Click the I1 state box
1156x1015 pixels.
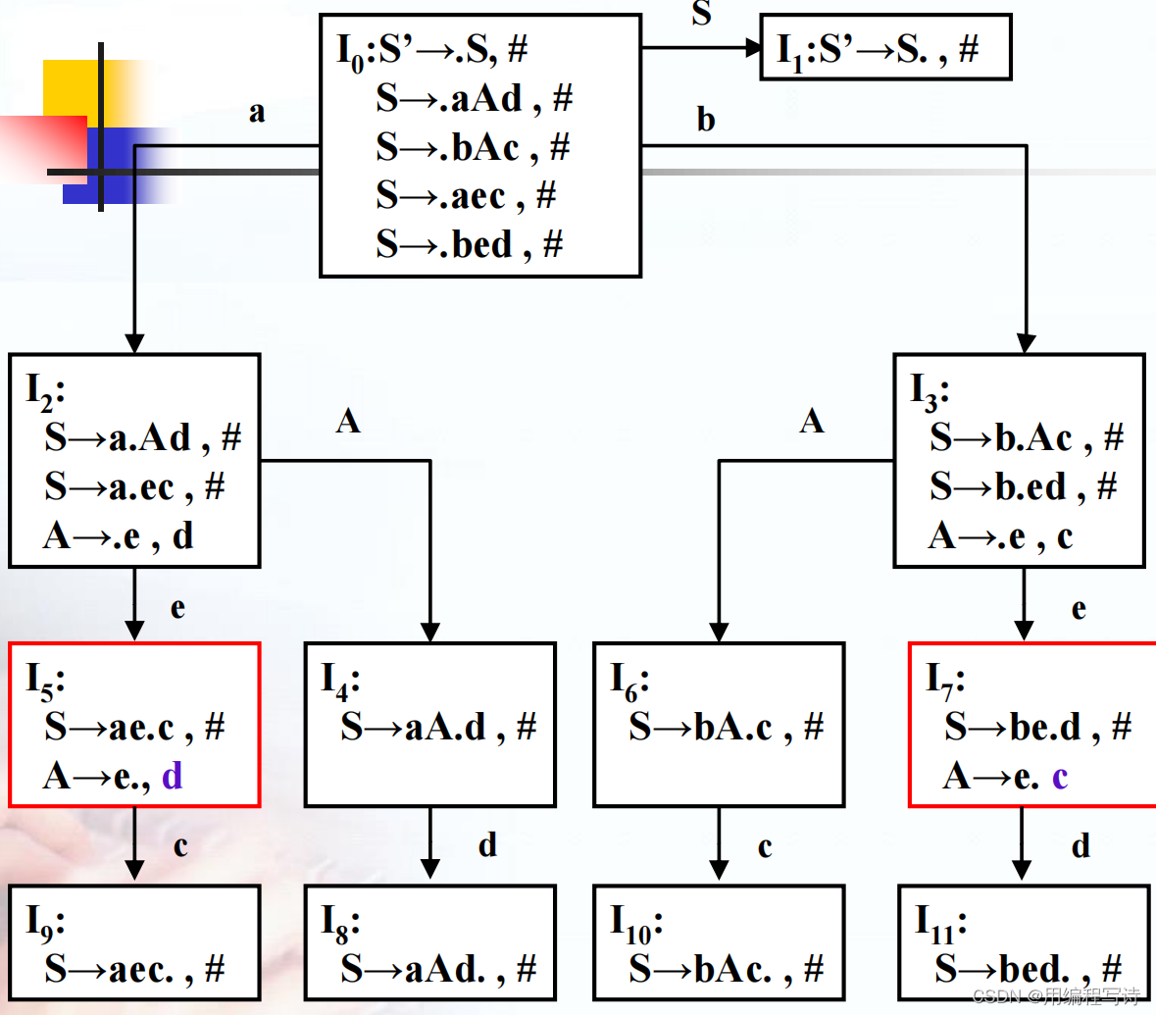(x=885, y=47)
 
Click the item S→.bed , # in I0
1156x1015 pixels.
(x=469, y=244)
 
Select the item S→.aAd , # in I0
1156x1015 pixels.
(x=474, y=98)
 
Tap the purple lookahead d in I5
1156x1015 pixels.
(x=172, y=777)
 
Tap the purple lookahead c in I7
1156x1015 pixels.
(x=1060, y=777)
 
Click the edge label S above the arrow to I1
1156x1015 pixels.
(x=701, y=13)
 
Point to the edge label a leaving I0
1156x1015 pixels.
(x=257, y=112)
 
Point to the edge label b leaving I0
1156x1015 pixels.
(x=706, y=120)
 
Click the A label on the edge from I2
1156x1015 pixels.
(x=348, y=422)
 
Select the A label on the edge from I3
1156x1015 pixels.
(x=812, y=422)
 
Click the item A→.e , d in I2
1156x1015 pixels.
(x=119, y=536)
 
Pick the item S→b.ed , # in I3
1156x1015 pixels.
(x=1024, y=486)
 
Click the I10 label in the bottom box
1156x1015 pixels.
(x=636, y=922)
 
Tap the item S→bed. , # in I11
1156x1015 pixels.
(x=1028, y=969)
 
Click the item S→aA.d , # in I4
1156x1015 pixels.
(x=438, y=727)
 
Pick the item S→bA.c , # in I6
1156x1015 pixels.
(x=727, y=727)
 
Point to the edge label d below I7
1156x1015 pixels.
(x=1081, y=845)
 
